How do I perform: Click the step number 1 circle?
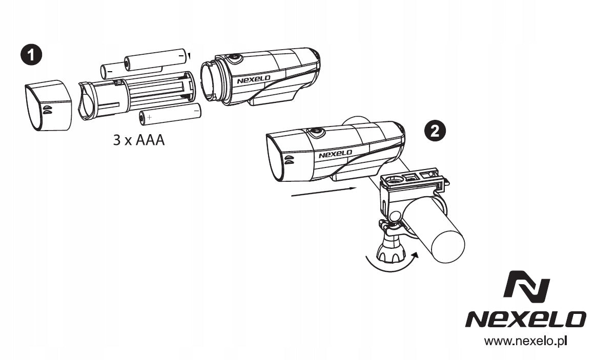tap(31, 55)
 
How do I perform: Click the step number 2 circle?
tap(435, 131)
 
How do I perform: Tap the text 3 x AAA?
tap(139, 140)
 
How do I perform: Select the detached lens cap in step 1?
tap(48, 105)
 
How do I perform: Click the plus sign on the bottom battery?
tap(149, 117)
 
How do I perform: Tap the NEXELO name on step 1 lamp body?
tap(254, 80)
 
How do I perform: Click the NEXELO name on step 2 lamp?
tap(335, 154)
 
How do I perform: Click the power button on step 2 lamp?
tap(316, 132)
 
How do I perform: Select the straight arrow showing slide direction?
tap(323, 192)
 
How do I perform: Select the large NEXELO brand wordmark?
tap(526, 320)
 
